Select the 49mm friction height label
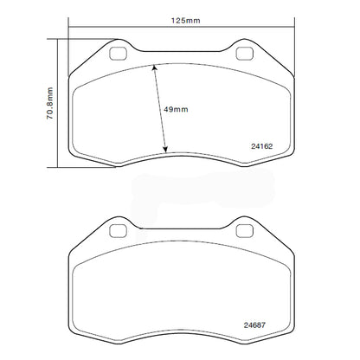[175, 110]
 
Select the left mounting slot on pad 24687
[117, 230]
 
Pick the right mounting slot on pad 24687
[247, 230]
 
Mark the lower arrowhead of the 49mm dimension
[165, 151]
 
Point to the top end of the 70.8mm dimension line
[57, 38]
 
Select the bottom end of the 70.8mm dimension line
[57, 166]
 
